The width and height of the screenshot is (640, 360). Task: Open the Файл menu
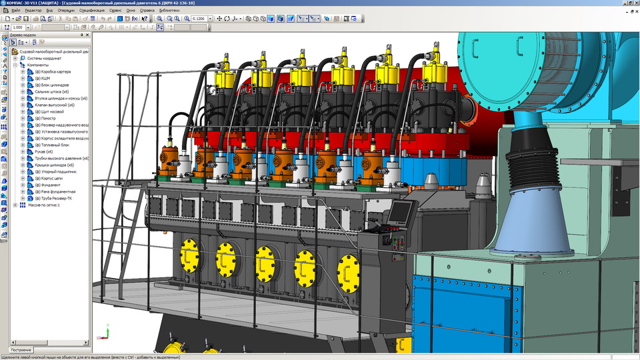15,11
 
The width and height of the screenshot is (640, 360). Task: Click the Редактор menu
33,11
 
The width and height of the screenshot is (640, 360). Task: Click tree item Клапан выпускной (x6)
57,105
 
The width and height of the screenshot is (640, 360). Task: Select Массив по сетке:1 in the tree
44,205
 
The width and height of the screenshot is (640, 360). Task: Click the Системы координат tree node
44,58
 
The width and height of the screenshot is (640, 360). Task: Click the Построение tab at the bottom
21,349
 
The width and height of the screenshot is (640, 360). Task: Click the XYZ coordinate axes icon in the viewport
103,336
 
